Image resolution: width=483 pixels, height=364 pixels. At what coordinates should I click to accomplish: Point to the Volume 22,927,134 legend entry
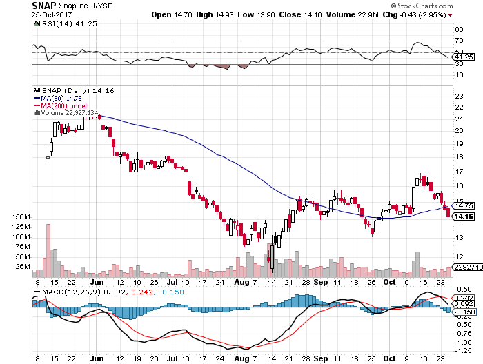point(69,112)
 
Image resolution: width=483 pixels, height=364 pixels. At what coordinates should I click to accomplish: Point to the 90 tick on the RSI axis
point(458,30)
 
